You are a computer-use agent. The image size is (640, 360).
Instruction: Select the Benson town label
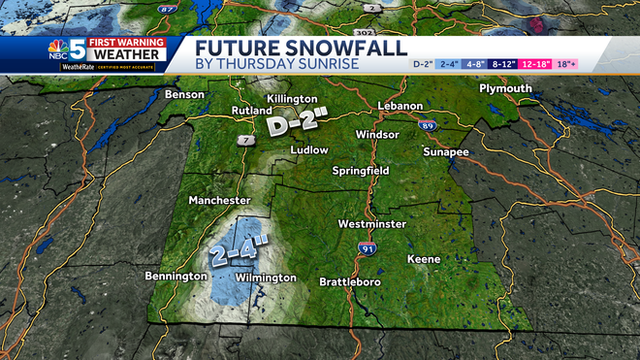pyautogui.click(x=185, y=95)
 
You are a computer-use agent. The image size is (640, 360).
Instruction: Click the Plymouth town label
pyautogui.click(x=505, y=89)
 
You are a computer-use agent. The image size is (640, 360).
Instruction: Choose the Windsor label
pyautogui.click(x=377, y=134)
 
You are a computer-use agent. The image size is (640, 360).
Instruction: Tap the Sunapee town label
pyautogui.click(x=446, y=152)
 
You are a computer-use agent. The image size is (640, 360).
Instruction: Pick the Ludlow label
pyautogui.click(x=310, y=150)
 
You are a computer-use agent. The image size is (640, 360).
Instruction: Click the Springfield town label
pyautogui.click(x=360, y=170)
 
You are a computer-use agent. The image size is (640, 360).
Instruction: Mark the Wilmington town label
pyautogui.click(x=266, y=278)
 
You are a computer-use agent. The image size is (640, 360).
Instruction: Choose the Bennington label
pyautogui.click(x=176, y=277)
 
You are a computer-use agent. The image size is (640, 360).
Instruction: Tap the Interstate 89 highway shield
pyautogui.click(x=428, y=126)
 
